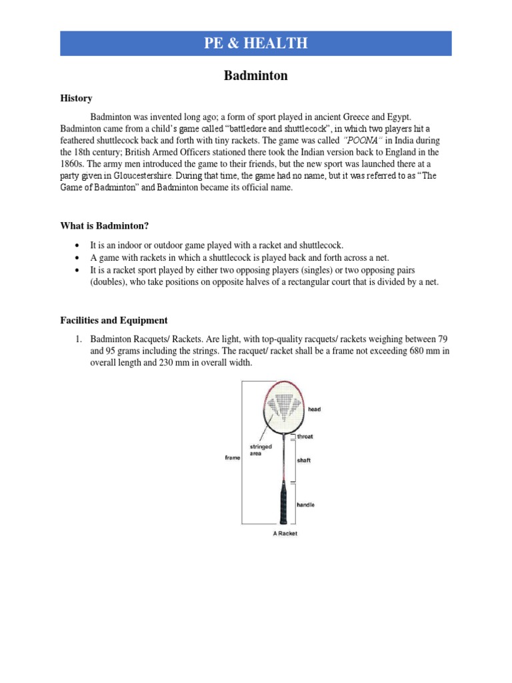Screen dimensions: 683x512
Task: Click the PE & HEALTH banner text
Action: click(x=256, y=43)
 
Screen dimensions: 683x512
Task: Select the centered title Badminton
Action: click(x=256, y=75)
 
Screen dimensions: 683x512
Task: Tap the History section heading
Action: click(x=76, y=98)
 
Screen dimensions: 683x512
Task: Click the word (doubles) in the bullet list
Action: click(x=111, y=282)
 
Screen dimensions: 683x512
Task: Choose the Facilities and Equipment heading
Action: click(x=114, y=320)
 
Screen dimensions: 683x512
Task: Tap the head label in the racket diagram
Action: click(x=314, y=409)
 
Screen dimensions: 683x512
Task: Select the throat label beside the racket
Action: click(x=305, y=436)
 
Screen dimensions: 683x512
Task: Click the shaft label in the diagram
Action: click(x=304, y=460)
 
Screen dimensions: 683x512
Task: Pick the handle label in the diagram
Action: click(x=305, y=505)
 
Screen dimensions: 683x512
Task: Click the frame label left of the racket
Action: click(x=233, y=458)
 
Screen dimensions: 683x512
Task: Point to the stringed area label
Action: click(x=260, y=449)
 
